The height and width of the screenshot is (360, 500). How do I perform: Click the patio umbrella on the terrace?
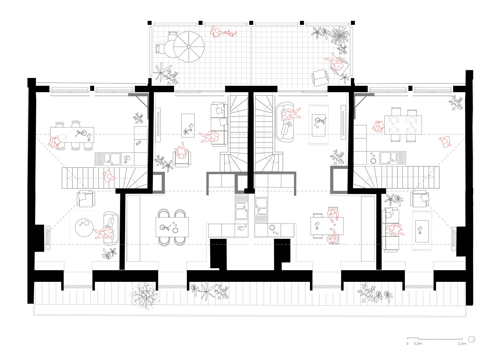coord(188,47)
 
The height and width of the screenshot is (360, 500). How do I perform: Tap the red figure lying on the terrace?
coord(222,32)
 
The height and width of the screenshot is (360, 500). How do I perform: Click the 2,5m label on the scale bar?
coord(462,343)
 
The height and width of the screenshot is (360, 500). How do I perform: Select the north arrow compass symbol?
coord(472,339)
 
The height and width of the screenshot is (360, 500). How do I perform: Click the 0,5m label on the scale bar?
coord(418,343)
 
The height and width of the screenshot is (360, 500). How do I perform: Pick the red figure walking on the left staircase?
coord(109,177)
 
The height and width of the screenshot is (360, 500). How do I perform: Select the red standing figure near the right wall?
coord(445,142)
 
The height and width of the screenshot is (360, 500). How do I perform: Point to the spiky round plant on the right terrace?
coord(339,36)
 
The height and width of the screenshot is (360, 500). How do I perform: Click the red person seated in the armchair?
coord(181,153)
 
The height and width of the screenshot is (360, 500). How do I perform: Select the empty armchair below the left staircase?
coord(86,199)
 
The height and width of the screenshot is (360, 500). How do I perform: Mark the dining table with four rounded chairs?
coord(172,227)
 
